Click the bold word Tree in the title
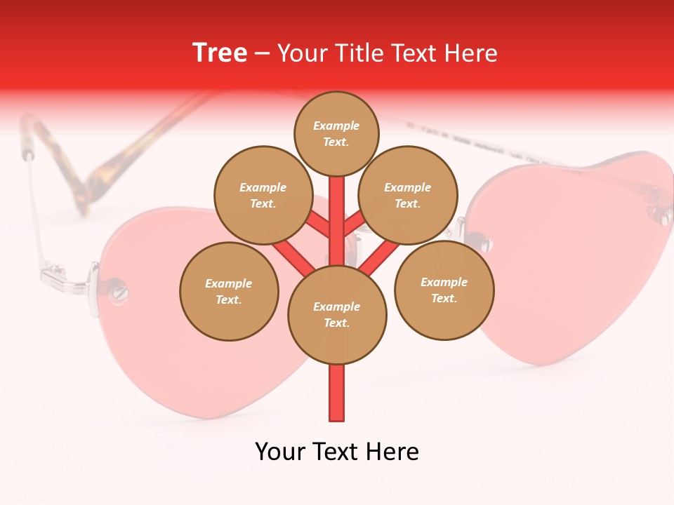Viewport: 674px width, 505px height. pyautogui.click(x=220, y=53)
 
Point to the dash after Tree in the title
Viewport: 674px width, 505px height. pyautogui.click(x=262, y=54)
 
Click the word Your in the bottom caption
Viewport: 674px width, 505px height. pyautogui.click(x=281, y=452)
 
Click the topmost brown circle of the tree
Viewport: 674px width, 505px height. pyautogui.click(x=336, y=133)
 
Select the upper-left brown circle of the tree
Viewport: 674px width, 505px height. pyautogui.click(x=263, y=195)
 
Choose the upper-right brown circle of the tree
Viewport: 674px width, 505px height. pyautogui.click(x=408, y=195)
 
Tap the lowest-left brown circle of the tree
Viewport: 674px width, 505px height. pyautogui.click(x=229, y=291)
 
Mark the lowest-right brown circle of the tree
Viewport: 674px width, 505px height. pyautogui.click(x=444, y=290)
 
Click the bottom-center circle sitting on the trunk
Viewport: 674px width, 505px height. pyautogui.click(x=337, y=314)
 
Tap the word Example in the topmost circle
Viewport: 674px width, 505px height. pyautogui.click(x=336, y=126)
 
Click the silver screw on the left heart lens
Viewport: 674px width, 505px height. pyautogui.click(x=120, y=289)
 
